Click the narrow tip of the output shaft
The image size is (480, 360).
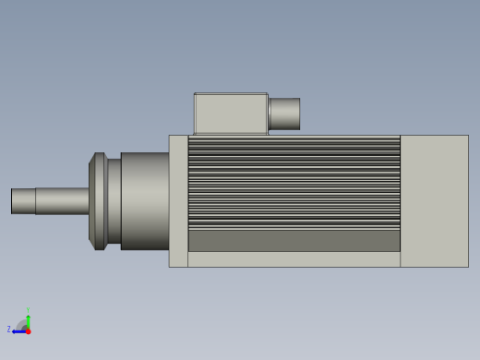24,201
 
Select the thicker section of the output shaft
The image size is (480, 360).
62,201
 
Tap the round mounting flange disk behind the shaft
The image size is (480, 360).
97,201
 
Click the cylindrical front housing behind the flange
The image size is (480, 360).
145,201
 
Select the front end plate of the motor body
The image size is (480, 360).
178,201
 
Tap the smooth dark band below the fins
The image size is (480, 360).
294,241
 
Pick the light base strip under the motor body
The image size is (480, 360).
294,259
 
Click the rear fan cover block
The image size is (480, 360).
434,201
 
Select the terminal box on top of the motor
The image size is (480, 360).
230,114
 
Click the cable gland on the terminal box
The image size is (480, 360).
283,114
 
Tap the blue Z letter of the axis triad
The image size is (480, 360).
9,330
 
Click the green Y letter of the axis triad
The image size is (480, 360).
28,311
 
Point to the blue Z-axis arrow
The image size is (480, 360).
18,331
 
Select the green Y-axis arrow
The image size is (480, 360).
28,321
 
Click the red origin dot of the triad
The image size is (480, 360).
28,331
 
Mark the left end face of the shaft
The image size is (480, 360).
12,201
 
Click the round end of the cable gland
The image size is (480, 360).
298,114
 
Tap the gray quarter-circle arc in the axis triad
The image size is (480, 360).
21,324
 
